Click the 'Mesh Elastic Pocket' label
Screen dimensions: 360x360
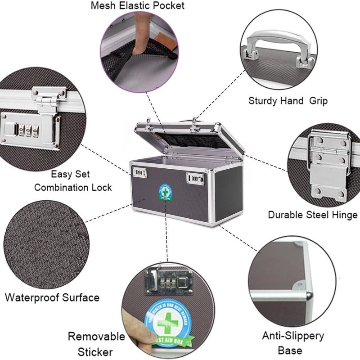point(137,6)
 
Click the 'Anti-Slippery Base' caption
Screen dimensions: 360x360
point(293,342)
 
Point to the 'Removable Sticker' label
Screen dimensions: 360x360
point(96,344)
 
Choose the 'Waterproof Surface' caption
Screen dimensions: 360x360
point(52,297)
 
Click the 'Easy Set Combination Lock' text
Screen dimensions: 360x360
point(73,180)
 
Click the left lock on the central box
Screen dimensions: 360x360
point(139,172)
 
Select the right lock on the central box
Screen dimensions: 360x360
point(195,179)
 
